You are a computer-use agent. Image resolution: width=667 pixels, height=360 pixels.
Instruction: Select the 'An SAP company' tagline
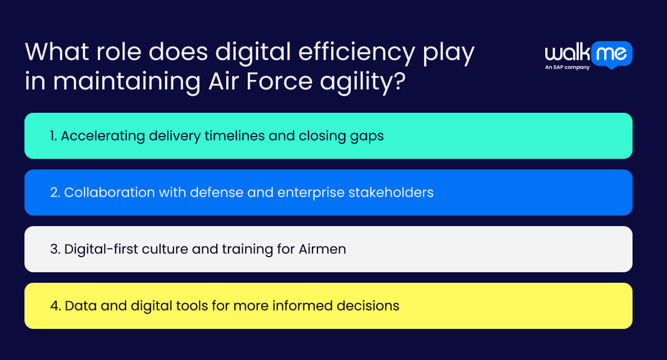pyautogui.click(x=567, y=68)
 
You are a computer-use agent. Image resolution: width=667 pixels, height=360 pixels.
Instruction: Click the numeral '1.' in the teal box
pyautogui.click(x=53, y=136)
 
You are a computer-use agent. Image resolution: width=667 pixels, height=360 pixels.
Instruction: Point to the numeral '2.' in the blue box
pyautogui.click(x=55, y=192)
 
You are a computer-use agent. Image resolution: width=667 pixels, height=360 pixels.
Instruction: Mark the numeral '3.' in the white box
pyautogui.click(x=55, y=249)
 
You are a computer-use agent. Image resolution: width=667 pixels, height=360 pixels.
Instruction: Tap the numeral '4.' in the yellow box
pyautogui.click(x=56, y=306)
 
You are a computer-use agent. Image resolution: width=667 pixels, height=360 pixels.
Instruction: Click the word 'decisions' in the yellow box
pyautogui.click(x=372, y=306)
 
